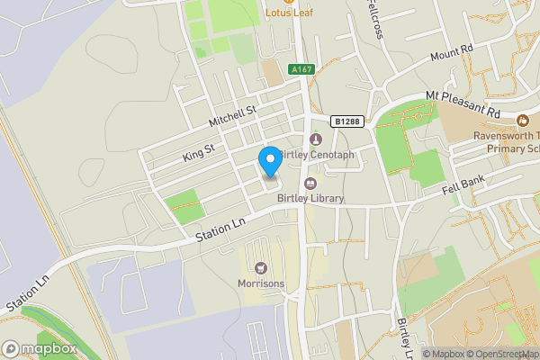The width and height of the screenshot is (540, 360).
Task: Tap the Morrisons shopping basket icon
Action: coord(262,267)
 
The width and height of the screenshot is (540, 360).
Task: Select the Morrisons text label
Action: coord(262,284)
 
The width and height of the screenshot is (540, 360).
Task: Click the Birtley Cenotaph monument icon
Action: coord(315,139)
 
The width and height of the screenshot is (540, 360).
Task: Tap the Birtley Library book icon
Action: coord(310,184)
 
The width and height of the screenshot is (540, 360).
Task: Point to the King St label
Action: coord(199,149)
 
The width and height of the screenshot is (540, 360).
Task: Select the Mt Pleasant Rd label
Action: coord(463,104)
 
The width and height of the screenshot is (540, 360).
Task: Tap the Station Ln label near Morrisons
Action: coord(220,233)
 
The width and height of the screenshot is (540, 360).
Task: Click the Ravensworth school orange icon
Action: coord(523,120)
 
